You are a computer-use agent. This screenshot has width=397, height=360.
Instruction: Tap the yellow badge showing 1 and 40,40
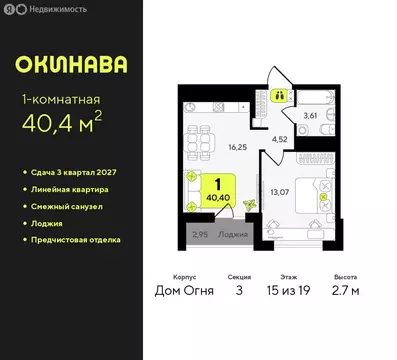coord(212,190)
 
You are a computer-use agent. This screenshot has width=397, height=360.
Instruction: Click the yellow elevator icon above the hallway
coord(281,96)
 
